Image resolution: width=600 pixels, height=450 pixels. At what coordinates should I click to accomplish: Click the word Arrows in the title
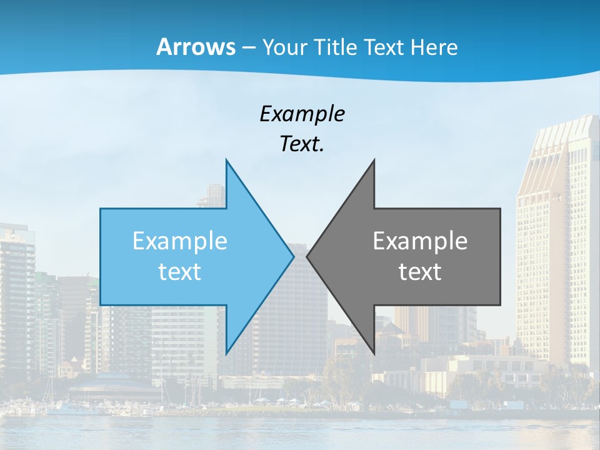(x=196, y=47)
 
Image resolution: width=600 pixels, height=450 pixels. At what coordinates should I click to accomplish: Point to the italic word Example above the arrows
(x=302, y=114)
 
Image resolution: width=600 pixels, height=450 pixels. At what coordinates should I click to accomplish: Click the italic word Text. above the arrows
(x=302, y=144)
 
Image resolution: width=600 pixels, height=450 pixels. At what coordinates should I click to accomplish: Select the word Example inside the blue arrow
(x=180, y=241)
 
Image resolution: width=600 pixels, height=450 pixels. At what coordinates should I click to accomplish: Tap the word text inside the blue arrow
(x=180, y=272)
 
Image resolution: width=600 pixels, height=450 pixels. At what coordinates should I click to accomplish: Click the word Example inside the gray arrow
(x=420, y=241)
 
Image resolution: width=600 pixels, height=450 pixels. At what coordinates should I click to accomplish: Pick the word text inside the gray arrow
(x=420, y=272)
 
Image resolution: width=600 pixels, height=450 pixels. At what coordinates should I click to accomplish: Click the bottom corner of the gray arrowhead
(x=374, y=353)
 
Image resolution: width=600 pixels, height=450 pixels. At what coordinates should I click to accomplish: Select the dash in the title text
(x=248, y=47)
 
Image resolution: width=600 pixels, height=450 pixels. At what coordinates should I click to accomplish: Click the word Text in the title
(x=384, y=47)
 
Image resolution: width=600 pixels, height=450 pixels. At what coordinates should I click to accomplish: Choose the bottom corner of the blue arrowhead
(x=226, y=353)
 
